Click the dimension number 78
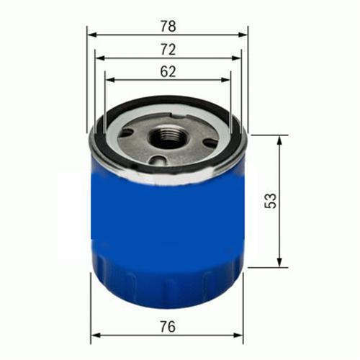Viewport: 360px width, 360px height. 167,27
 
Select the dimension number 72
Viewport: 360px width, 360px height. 167,50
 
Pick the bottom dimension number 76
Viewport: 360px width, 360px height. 167,327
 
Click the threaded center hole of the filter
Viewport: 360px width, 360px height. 168,137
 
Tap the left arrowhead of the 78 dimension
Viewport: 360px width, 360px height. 91,34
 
